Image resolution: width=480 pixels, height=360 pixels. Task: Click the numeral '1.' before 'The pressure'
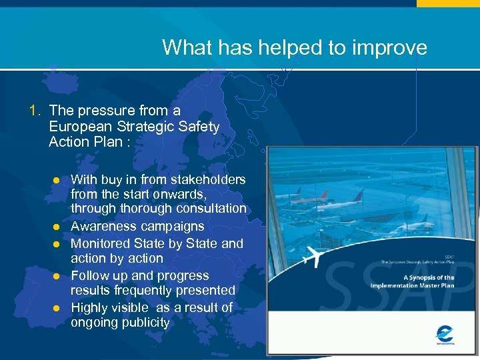tap(36, 110)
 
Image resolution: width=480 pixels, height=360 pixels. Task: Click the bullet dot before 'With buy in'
tap(57, 180)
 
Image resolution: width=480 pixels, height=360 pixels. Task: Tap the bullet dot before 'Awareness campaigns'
tap(57, 227)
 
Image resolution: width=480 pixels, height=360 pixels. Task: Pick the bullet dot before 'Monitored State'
tap(57, 244)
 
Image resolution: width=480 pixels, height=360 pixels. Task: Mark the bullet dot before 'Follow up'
tap(57, 276)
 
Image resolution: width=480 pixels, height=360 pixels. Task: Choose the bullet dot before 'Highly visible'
tap(57, 308)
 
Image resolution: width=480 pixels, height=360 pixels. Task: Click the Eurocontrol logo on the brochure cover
tap(444, 333)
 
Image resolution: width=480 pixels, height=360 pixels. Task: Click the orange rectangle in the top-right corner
tap(448, 3)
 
